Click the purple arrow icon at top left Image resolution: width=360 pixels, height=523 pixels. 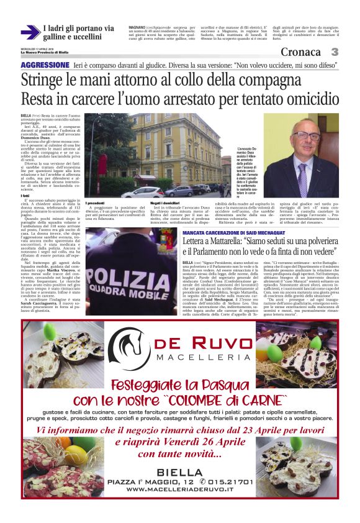click(x=30, y=32)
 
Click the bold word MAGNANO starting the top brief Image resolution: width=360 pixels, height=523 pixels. click(x=137, y=28)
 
